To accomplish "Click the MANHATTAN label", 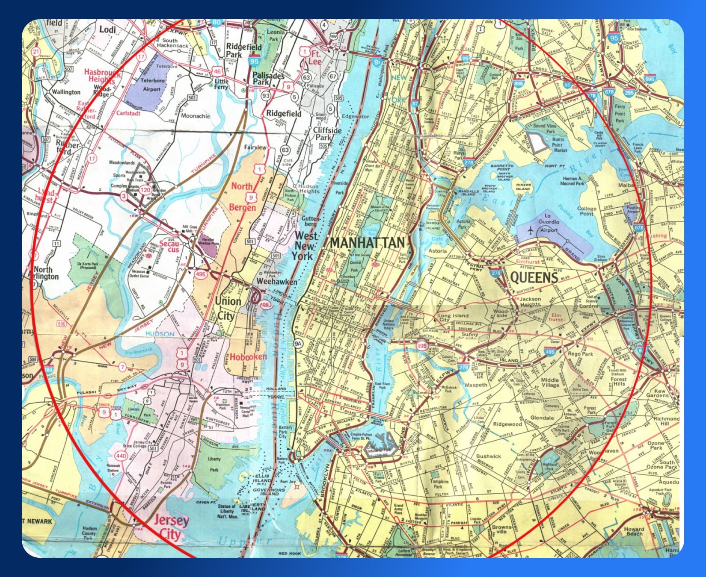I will click(x=367, y=243).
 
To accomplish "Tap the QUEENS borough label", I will click(x=534, y=278).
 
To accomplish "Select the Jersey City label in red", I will click(x=171, y=527).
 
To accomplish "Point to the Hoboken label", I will click(x=248, y=356).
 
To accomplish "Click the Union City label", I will click(x=228, y=308).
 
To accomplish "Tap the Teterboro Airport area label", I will click(x=152, y=85).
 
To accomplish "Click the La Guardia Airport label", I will click(x=549, y=226).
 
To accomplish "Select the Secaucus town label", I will click(x=169, y=246).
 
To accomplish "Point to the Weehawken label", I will click(x=276, y=282).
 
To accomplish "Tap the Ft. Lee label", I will click(x=315, y=58).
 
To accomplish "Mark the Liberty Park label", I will click(x=214, y=464).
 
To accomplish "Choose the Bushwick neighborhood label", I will click(x=488, y=456).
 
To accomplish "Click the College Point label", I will click(x=587, y=211).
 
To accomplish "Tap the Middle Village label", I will click(x=550, y=383).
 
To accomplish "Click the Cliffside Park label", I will click(x=327, y=134).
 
